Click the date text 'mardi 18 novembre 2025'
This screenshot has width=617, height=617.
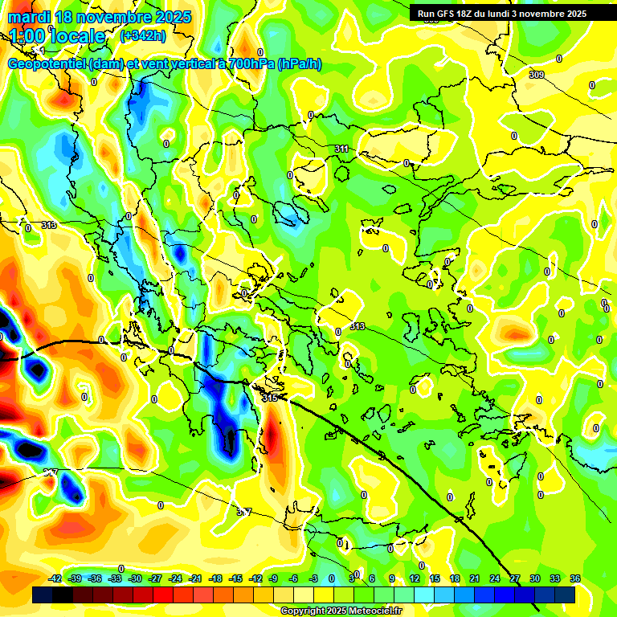pos(100,17)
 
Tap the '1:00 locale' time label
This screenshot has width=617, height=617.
pos(58,36)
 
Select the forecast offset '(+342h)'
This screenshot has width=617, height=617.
pos(143,36)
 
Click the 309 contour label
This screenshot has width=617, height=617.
pos(536,75)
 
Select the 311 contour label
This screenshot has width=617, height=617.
pos(341,149)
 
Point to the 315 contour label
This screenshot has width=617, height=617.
pos(270,398)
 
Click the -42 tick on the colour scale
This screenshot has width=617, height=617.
pos(55,578)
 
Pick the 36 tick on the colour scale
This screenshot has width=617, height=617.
pos(575,578)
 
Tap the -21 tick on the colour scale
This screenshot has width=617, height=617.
pos(195,578)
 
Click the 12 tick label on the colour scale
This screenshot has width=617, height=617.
pos(415,578)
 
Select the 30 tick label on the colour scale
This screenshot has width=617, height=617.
pos(535,578)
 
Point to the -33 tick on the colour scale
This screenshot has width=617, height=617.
pos(115,578)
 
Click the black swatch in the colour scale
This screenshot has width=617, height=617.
pos(63,595)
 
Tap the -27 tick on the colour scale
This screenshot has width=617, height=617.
pos(155,578)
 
